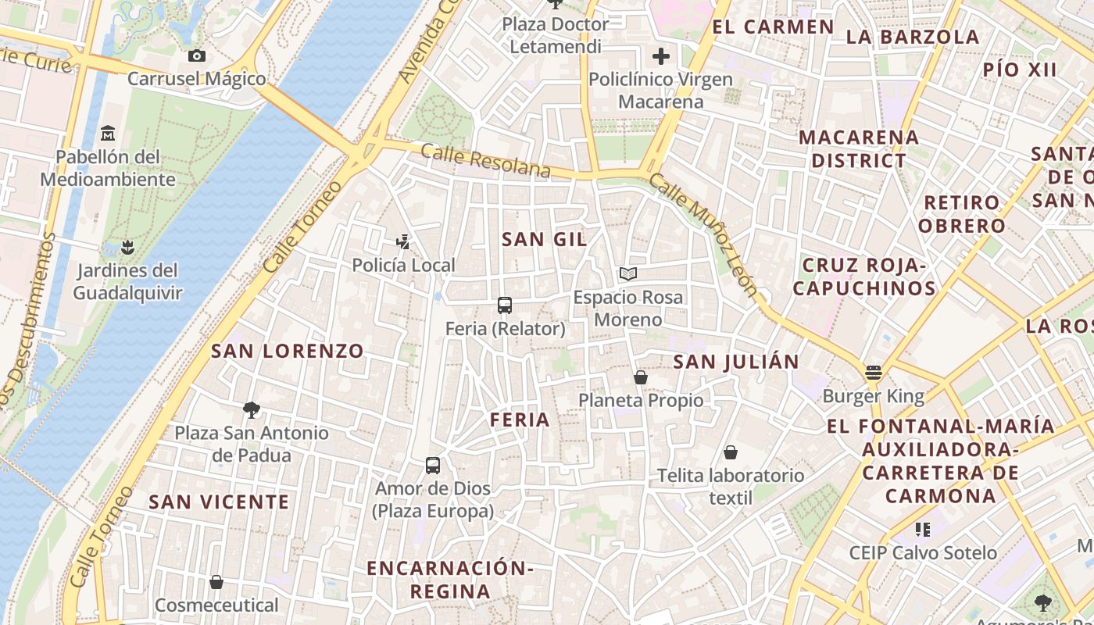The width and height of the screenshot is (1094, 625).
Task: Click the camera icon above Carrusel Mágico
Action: click(x=197, y=55)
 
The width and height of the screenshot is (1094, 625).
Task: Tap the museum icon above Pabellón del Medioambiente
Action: click(x=108, y=134)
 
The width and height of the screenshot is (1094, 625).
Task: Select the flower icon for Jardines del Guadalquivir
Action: click(x=127, y=248)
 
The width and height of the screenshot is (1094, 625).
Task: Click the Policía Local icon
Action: click(x=402, y=242)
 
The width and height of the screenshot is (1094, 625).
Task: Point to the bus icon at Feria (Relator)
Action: click(x=505, y=305)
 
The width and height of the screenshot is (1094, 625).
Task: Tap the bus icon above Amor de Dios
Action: click(x=433, y=466)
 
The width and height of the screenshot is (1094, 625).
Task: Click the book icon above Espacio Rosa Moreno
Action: click(x=628, y=273)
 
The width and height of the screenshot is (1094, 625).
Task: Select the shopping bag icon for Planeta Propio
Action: click(x=641, y=378)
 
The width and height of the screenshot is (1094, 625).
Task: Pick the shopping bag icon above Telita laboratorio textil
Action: click(x=731, y=452)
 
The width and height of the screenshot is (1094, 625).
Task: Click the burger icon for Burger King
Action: click(x=874, y=373)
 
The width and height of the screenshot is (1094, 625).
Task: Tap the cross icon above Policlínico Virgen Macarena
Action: click(x=661, y=56)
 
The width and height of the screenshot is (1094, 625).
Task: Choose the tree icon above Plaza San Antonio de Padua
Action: click(x=252, y=409)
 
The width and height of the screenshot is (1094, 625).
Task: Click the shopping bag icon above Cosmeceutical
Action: click(x=216, y=582)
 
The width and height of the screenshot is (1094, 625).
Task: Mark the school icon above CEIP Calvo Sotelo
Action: click(x=923, y=530)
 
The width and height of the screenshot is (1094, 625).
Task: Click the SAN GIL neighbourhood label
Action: click(x=544, y=240)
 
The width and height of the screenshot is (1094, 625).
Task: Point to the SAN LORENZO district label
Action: click(x=288, y=352)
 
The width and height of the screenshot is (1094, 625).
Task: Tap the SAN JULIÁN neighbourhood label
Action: click(x=735, y=362)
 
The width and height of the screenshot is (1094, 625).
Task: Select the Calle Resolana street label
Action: click(x=485, y=160)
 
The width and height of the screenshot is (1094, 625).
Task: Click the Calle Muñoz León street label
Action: click(x=703, y=235)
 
